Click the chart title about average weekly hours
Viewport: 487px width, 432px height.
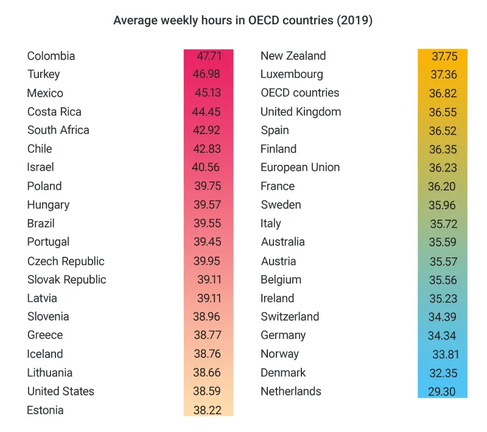coord(243,21)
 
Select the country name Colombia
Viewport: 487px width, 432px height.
coord(51,56)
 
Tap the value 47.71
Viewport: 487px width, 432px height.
coord(209,56)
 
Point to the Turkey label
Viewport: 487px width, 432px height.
coord(43,74)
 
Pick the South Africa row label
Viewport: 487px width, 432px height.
coord(58,130)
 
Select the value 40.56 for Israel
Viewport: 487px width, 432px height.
coord(207,167)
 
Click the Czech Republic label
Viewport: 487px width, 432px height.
coord(66,261)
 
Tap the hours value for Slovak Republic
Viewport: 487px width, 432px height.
coord(209,280)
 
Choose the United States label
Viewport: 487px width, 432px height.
coord(60,391)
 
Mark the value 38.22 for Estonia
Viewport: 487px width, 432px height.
coord(207,410)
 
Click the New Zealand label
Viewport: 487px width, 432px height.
coord(293,56)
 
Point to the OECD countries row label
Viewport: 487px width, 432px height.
coord(300,93)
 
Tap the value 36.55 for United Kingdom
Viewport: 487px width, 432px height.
coord(442,112)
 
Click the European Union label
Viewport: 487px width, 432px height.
coord(300,167)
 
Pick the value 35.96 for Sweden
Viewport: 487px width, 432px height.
coord(442,205)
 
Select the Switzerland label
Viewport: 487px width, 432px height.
coord(290,316)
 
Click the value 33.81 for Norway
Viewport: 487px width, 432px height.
coord(445,354)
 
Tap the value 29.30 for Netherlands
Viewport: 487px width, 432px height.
coord(442,391)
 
